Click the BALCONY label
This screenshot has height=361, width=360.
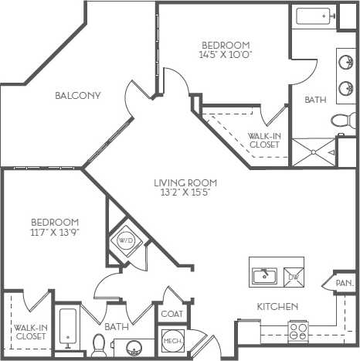point(79,96)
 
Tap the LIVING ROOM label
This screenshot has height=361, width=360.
point(183,183)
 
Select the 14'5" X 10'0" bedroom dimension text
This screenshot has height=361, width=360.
point(226,55)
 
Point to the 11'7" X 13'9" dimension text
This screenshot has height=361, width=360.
point(55,230)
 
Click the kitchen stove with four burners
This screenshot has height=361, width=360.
point(298,333)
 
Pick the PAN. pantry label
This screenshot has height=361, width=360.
point(345,284)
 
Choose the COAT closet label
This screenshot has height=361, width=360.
point(171,315)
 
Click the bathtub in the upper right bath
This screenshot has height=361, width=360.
point(315,16)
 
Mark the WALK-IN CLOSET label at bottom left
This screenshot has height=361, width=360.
point(31,332)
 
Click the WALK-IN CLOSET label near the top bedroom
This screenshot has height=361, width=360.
point(263,139)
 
